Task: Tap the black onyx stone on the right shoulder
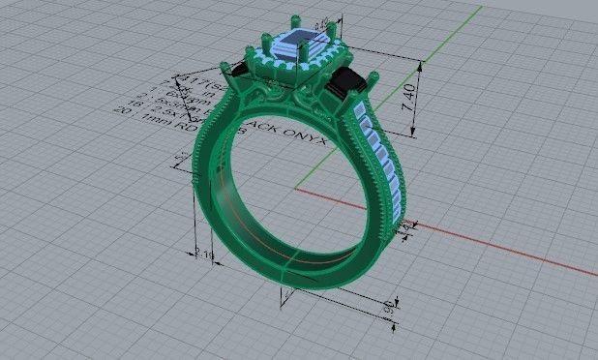pos(349,85)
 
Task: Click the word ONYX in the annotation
pos(309,138)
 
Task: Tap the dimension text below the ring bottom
pos(388,309)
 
